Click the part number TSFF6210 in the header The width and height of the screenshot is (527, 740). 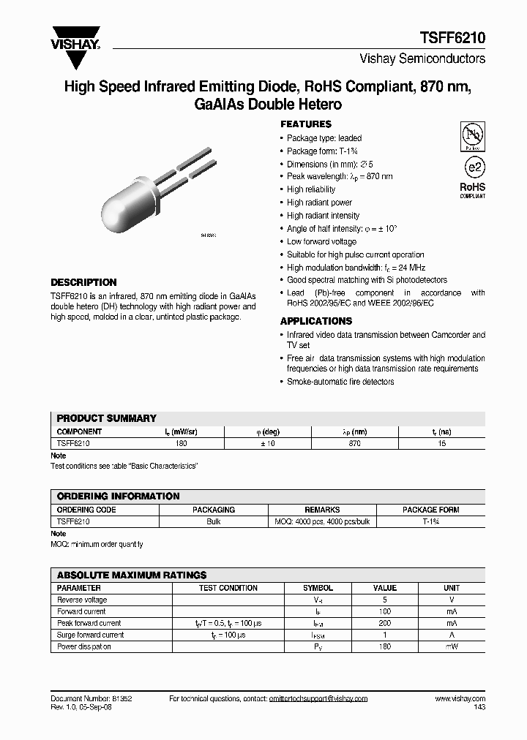(452, 38)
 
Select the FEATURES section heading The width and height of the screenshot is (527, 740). (306, 124)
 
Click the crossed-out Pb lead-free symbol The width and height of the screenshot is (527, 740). (472, 136)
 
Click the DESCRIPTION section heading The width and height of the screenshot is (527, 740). (83, 282)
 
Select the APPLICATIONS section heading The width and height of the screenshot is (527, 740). (315, 321)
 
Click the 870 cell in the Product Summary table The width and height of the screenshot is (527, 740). (355, 443)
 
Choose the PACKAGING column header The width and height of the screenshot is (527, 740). (213, 510)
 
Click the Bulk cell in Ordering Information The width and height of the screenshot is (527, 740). (213, 521)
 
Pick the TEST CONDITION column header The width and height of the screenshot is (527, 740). (228, 588)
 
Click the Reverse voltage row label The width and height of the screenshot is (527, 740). (82, 600)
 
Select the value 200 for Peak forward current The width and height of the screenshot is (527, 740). (385, 623)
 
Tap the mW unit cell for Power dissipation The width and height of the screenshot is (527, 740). (452, 646)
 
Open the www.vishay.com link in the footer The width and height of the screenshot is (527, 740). (460, 699)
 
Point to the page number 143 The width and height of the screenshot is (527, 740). (479, 708)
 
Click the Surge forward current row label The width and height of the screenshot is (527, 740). (91, 635)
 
